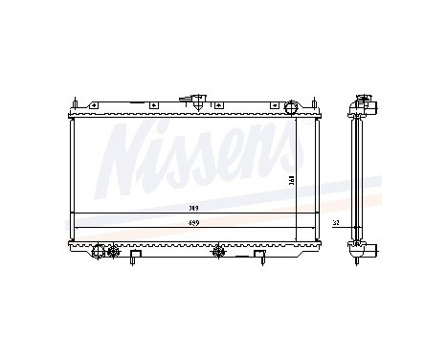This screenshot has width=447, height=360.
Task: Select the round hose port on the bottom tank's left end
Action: [98, 252]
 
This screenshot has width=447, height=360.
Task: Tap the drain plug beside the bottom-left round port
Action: [112, 253]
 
